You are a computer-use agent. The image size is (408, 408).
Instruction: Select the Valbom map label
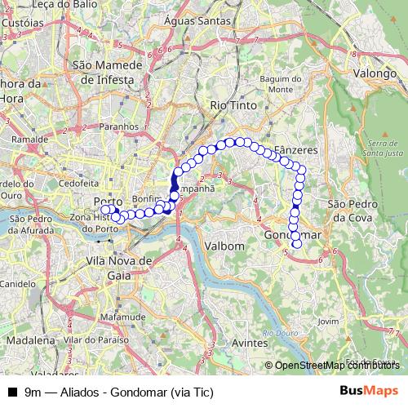point(226,246)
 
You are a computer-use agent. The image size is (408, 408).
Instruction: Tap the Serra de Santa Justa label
point(379,149)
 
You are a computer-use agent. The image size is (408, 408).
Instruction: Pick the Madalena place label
point(32,339)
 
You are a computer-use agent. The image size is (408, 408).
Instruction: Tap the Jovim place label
point(329,322)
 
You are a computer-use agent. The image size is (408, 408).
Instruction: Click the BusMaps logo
point(369,391)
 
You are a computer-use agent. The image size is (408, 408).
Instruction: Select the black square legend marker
point(12,391)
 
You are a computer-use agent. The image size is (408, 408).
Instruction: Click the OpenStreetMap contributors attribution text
point(338,366)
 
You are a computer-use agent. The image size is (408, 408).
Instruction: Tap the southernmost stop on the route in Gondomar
point(296,243)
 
